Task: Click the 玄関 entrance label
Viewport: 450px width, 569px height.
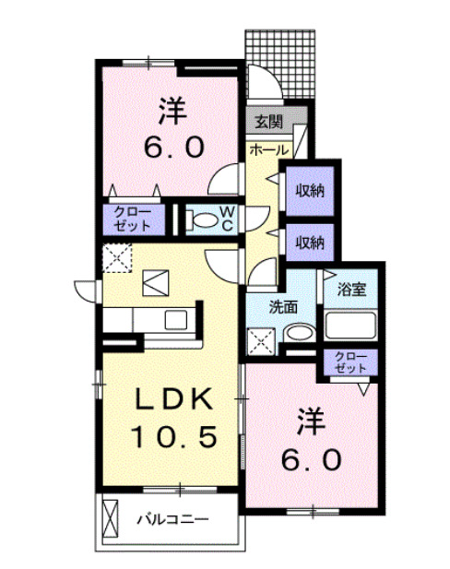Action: pyautogui.click(x=268, y=121)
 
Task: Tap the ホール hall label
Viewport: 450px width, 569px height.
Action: pyautogui.click(x=268, y=149)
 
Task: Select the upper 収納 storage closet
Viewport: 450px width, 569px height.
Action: pyautogui.click(x=309, y=191)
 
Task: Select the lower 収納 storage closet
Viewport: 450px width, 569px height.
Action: pyautogui.click(x=309, y=243)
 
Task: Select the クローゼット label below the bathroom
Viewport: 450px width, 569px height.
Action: pyautogui.click(x=351, y=362)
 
